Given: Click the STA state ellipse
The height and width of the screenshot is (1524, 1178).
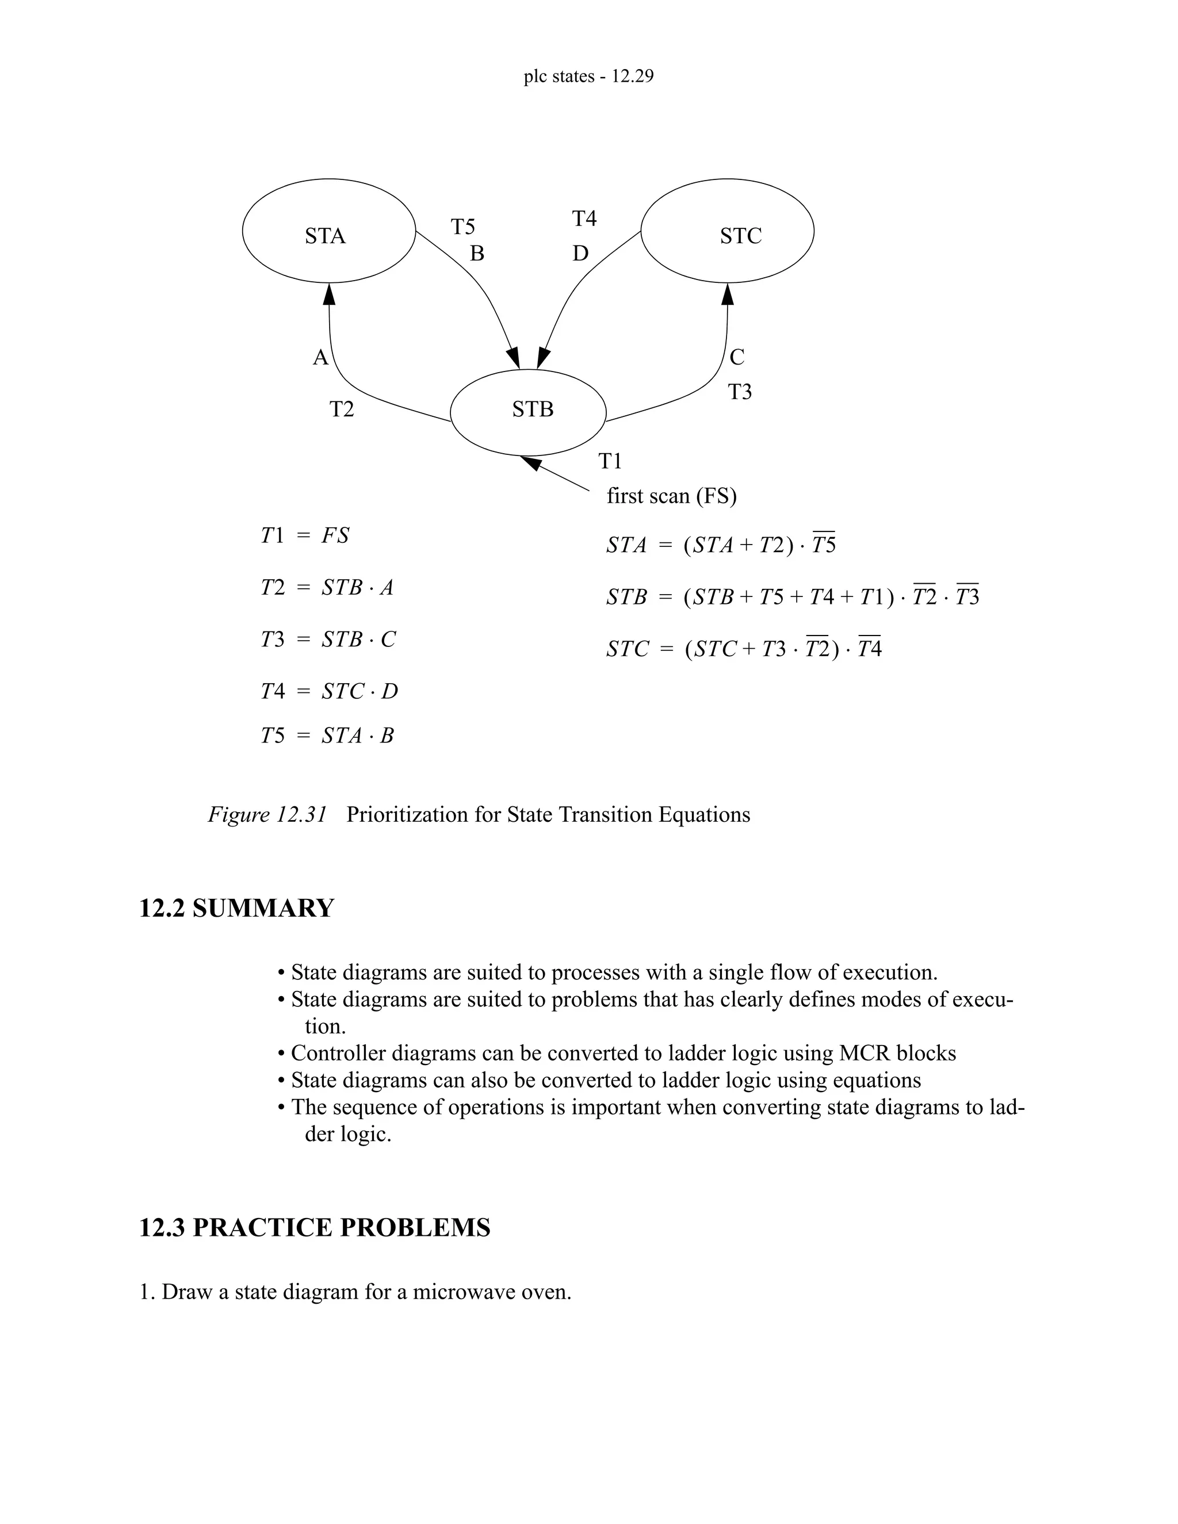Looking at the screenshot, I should click(328, 231).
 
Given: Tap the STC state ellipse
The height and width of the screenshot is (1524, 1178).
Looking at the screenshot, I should click(727, 231).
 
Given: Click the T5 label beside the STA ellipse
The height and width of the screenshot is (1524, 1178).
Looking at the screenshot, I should click(462, 227).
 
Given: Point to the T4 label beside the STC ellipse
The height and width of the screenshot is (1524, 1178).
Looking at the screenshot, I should click(584, 219).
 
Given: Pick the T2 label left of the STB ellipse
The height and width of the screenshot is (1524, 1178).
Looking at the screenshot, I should click(342, 409).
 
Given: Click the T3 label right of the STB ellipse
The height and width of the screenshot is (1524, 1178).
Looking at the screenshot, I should click(740, 392).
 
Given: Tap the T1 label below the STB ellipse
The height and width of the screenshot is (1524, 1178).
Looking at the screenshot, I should click(610, 461).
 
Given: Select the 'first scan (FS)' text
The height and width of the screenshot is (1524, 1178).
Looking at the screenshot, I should click(671, 496).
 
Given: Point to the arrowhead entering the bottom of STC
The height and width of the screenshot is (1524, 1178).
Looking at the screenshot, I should click(727, 294).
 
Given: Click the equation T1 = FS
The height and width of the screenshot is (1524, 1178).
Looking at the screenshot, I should click(305, 536).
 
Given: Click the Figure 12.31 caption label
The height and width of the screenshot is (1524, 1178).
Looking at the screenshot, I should click(267, 815).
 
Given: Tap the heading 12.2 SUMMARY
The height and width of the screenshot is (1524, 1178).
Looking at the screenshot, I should click(236, 909).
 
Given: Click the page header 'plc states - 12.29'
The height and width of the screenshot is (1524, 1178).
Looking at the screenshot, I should click(588, 76).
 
